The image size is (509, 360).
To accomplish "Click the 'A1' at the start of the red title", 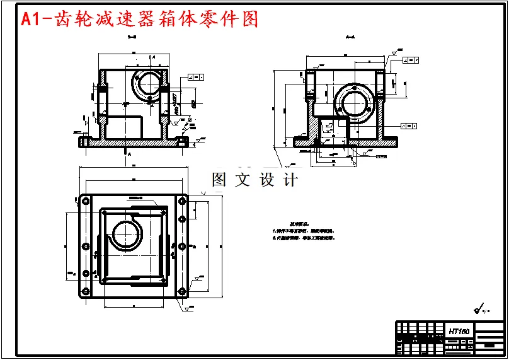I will coord(31,19).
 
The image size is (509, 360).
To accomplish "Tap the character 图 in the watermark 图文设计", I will coord(219,180).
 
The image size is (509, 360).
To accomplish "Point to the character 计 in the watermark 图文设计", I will coord(290,180).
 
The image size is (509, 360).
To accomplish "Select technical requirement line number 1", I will coord(303,231).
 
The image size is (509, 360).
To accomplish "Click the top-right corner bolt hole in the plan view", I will coord(182,201).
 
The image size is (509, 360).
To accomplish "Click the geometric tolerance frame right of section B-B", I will coord(195,78).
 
